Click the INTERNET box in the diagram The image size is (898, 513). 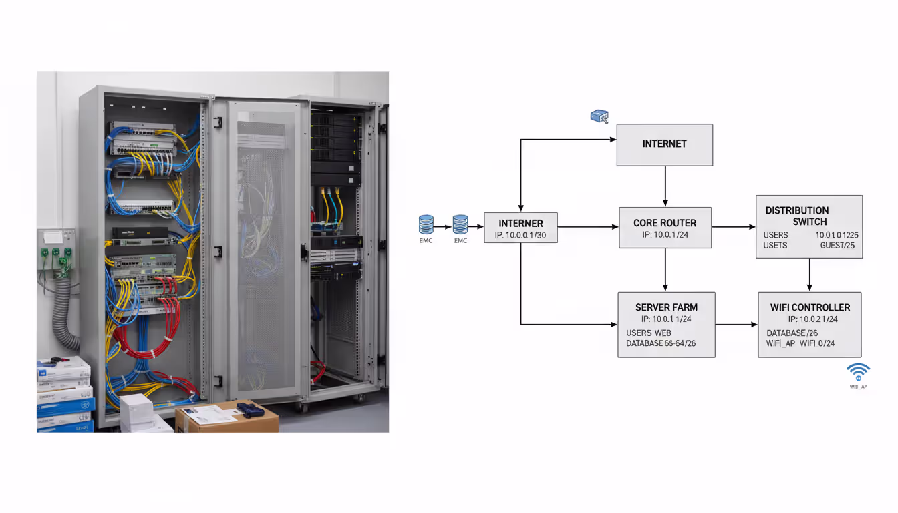(x=664, y=144)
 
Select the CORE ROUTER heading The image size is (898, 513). (x=665, y=223)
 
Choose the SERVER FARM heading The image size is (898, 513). (x=666, y=307)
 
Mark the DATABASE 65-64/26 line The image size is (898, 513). (x=661, y=343)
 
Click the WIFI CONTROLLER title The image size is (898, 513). (x=810, y=307)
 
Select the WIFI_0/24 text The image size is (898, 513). (x=817, y=343)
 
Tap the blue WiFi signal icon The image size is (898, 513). (x=858, y=371)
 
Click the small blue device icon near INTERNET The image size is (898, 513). (x=599, y=116)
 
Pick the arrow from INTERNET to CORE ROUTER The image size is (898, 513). (x=665, y=186)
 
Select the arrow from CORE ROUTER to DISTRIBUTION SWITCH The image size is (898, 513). (x=733, y=227)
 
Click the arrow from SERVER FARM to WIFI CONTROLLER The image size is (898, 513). (x=736, y=325)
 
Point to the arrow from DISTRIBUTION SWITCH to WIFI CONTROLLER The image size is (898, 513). (x=810, y=275)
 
